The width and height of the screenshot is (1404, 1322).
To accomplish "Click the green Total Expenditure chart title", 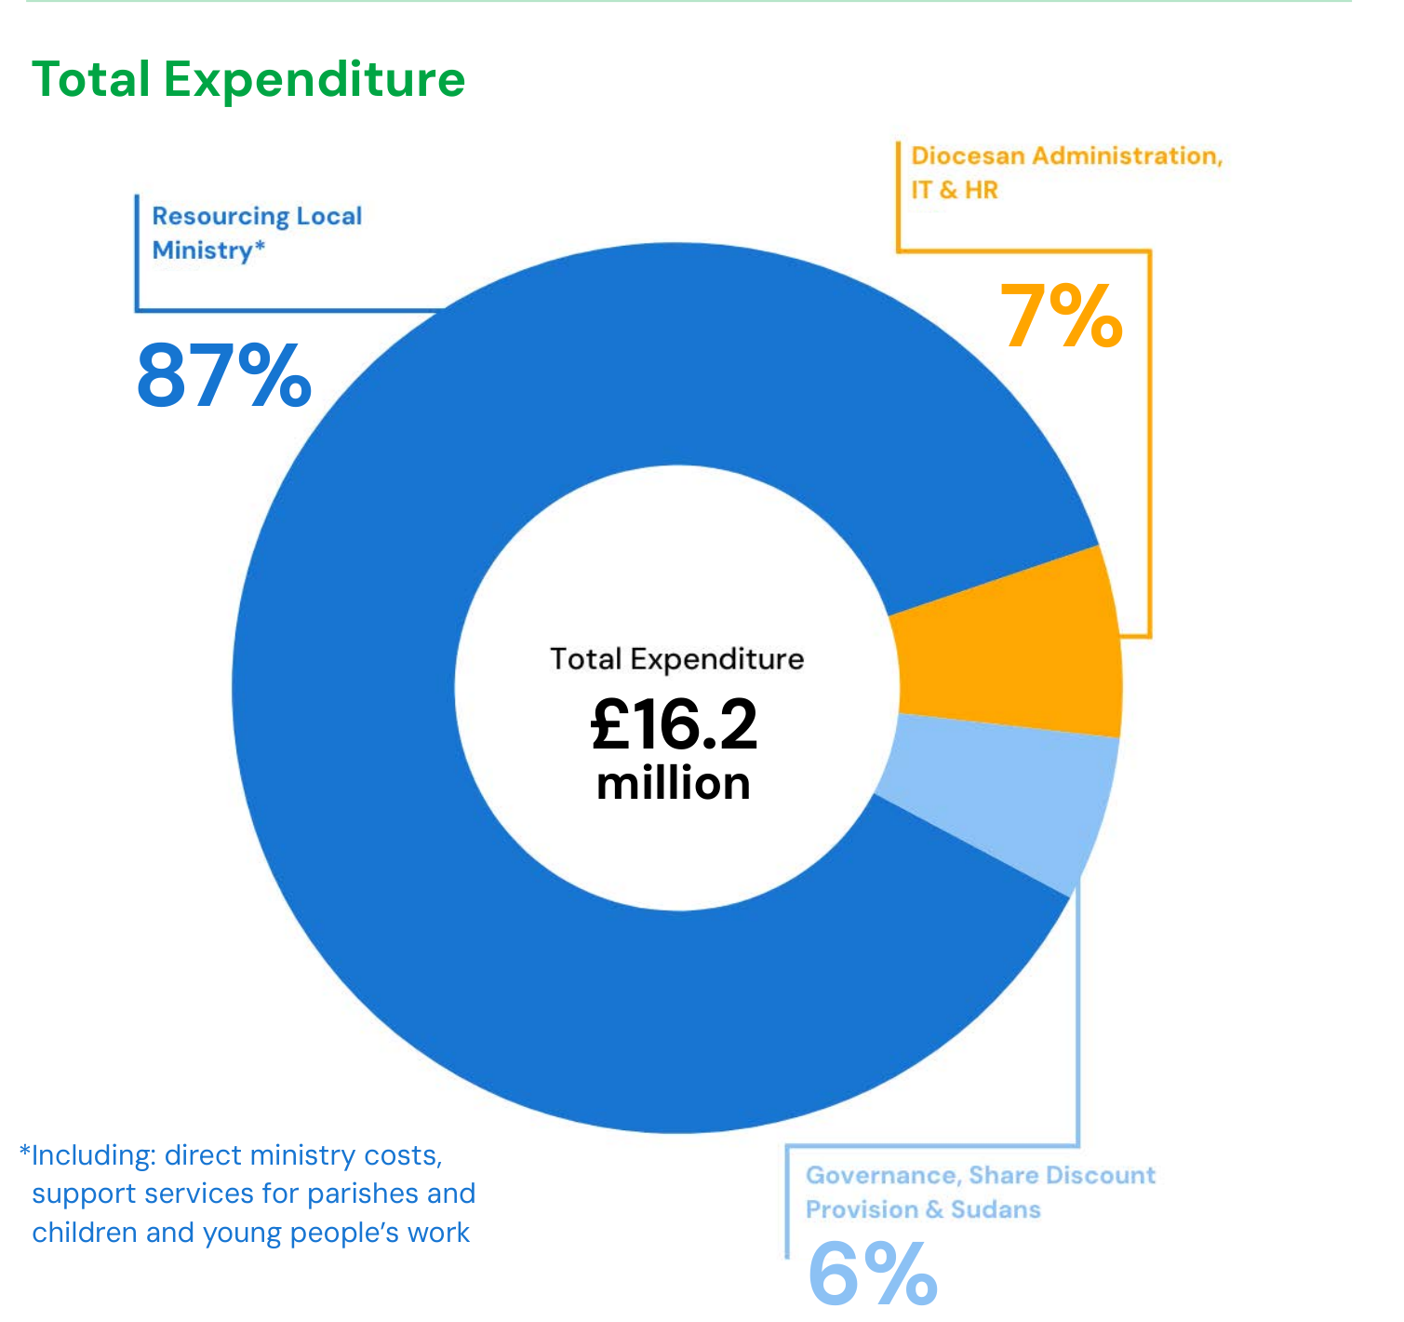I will [248, 79].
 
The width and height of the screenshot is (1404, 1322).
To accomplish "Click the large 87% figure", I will [223, 376].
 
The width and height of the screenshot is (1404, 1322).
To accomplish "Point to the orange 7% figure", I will [1061, 317].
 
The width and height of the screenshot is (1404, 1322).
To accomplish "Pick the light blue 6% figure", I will [872, 1275].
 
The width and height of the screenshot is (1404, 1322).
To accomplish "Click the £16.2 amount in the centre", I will [675, 725].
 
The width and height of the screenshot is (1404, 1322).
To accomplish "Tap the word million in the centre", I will [674, 784].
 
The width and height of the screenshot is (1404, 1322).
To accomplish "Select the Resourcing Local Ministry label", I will [257, 233].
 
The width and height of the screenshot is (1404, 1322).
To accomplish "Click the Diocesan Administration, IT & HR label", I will [1066, 172].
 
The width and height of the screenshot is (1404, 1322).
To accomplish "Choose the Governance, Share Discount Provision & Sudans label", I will [980, 1192].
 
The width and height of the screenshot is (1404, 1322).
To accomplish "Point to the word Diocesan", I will [968, 155].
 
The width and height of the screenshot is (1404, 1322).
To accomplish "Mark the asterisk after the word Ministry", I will [260, 246].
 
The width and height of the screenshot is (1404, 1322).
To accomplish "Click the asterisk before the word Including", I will [24, 1152].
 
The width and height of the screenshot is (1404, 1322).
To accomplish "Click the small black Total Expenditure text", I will [676, 659].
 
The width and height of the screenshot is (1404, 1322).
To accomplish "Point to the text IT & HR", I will [954, 190].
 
